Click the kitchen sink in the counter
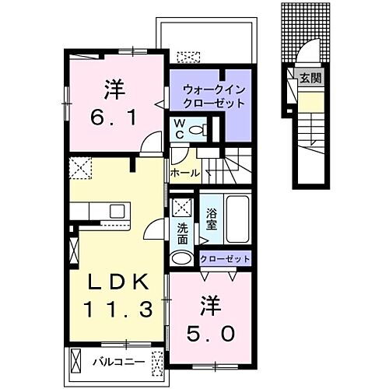pyautogui.click(x=117, y=210)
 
